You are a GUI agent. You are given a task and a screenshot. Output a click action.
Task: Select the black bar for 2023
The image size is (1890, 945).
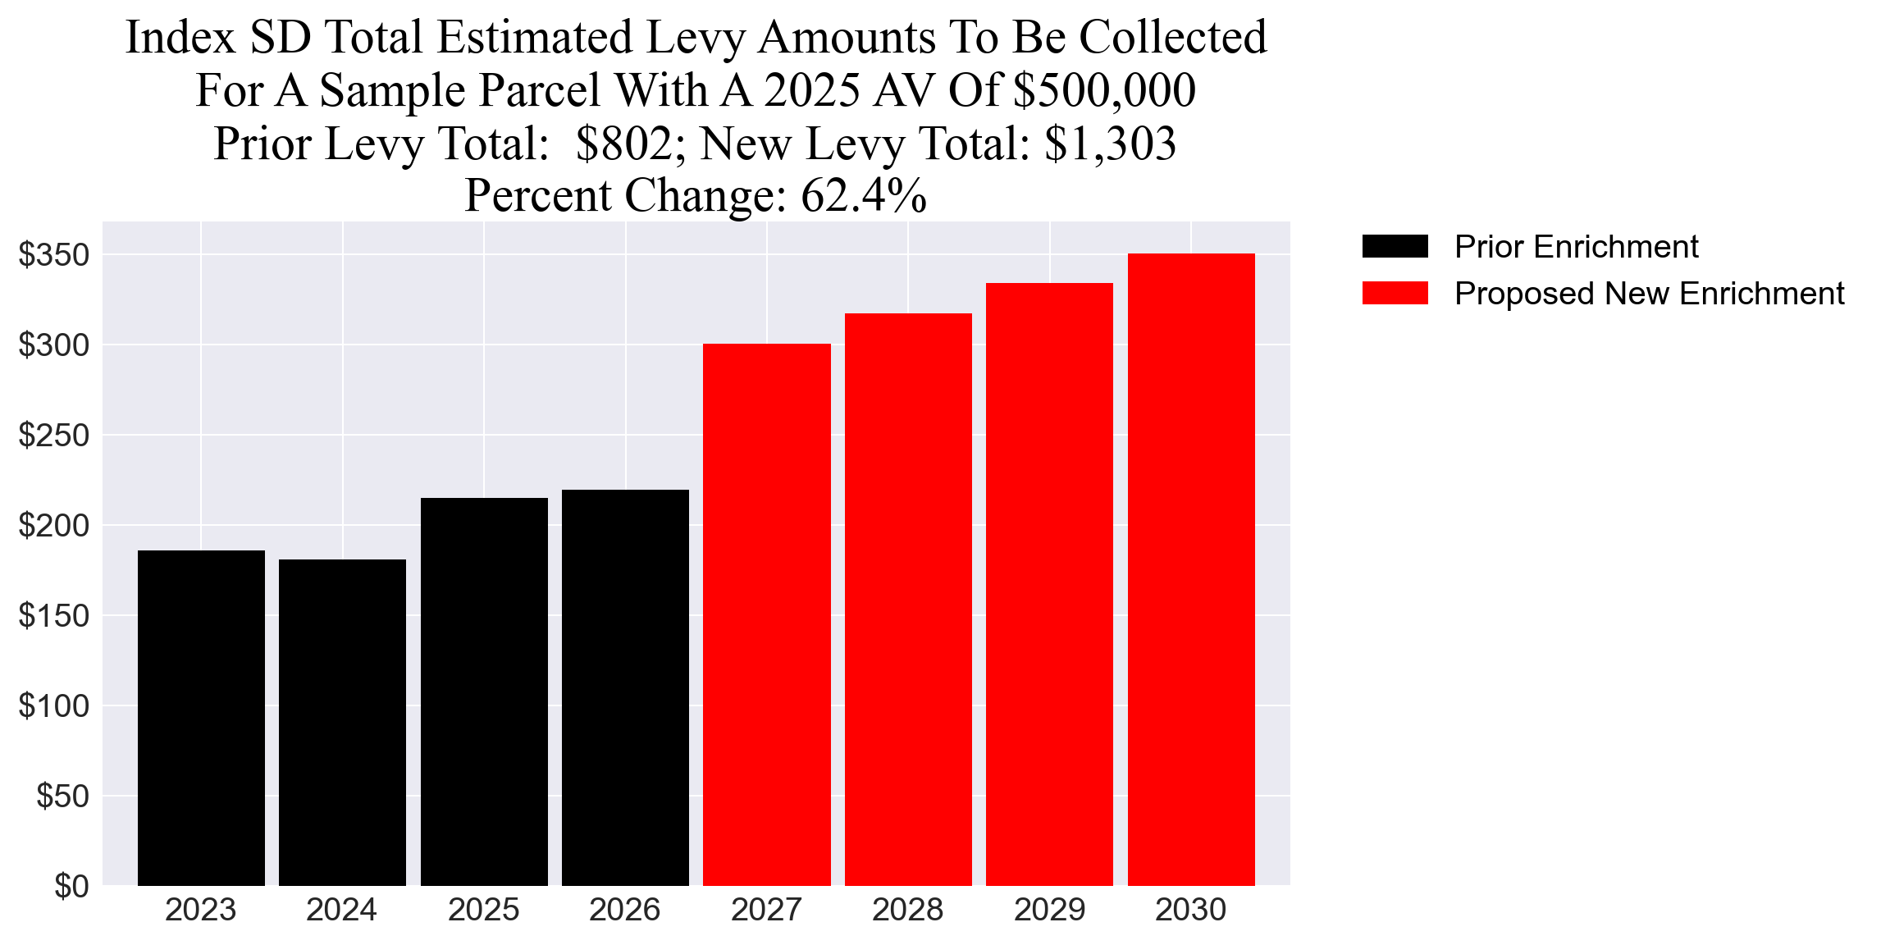(201, 718)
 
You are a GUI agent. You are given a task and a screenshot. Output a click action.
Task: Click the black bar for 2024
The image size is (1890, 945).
(342, 722)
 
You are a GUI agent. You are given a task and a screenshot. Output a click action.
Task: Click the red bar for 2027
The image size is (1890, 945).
(766, 614)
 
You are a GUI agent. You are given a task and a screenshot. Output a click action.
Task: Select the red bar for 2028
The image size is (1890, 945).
(908, 599)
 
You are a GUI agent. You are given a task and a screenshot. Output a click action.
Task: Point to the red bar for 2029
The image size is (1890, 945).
(1049, 584)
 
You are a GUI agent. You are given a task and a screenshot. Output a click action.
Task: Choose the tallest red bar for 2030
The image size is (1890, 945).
(1190, 569)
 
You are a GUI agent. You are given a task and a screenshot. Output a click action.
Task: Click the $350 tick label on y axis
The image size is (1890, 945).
(54, 255)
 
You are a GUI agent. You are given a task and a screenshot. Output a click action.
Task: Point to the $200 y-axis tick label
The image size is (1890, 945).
(54, 526)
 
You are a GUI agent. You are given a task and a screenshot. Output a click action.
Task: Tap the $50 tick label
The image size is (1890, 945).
(63, 797)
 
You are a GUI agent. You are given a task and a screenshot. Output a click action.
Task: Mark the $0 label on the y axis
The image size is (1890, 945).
(71, 887)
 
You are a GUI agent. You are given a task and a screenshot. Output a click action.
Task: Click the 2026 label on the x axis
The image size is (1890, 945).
(625, 910)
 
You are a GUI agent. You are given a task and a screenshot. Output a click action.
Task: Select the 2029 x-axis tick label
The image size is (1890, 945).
(1049, 910)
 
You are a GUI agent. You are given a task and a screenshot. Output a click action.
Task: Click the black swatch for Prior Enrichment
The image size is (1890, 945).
(1395, 246)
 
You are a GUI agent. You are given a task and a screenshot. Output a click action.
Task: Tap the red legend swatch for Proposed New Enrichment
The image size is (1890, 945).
(1395, 293)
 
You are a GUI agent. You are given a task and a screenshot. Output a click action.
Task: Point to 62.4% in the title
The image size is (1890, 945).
(863, 196)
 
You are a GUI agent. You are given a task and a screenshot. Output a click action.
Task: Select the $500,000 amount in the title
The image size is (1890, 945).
(1104, 90)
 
